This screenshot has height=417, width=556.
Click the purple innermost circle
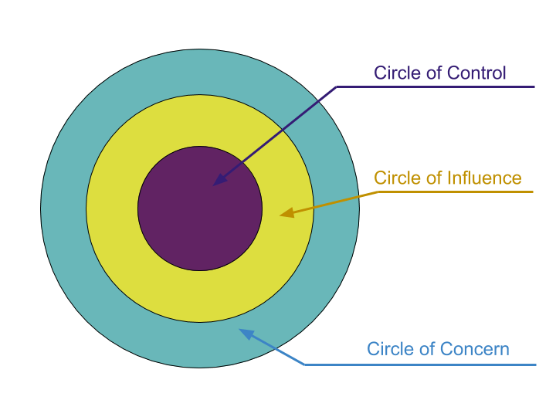click(185, 224)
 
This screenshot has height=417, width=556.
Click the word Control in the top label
click(476, 73)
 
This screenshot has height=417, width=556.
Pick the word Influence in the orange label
click(484, 178)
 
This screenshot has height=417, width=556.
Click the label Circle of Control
click(439, 73)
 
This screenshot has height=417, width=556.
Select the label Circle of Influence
click(447, 178)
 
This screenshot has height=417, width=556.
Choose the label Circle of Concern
click(438, 349)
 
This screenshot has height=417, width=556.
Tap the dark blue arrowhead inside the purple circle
click(219, 181)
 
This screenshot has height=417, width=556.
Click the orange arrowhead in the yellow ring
click(286, 212)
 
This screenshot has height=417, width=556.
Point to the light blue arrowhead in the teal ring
click(246, 334)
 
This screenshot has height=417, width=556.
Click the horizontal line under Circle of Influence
click(456, 192)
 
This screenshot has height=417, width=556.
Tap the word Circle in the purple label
click(394, 73)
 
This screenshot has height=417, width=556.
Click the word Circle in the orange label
click(394, 178)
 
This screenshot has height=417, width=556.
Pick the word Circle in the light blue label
click(387, 349)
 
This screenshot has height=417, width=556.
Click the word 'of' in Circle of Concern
click(424, 349)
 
